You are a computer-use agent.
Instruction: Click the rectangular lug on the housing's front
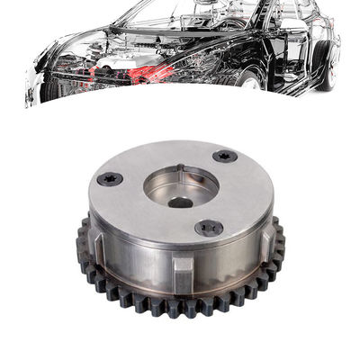tap(182, 269)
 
